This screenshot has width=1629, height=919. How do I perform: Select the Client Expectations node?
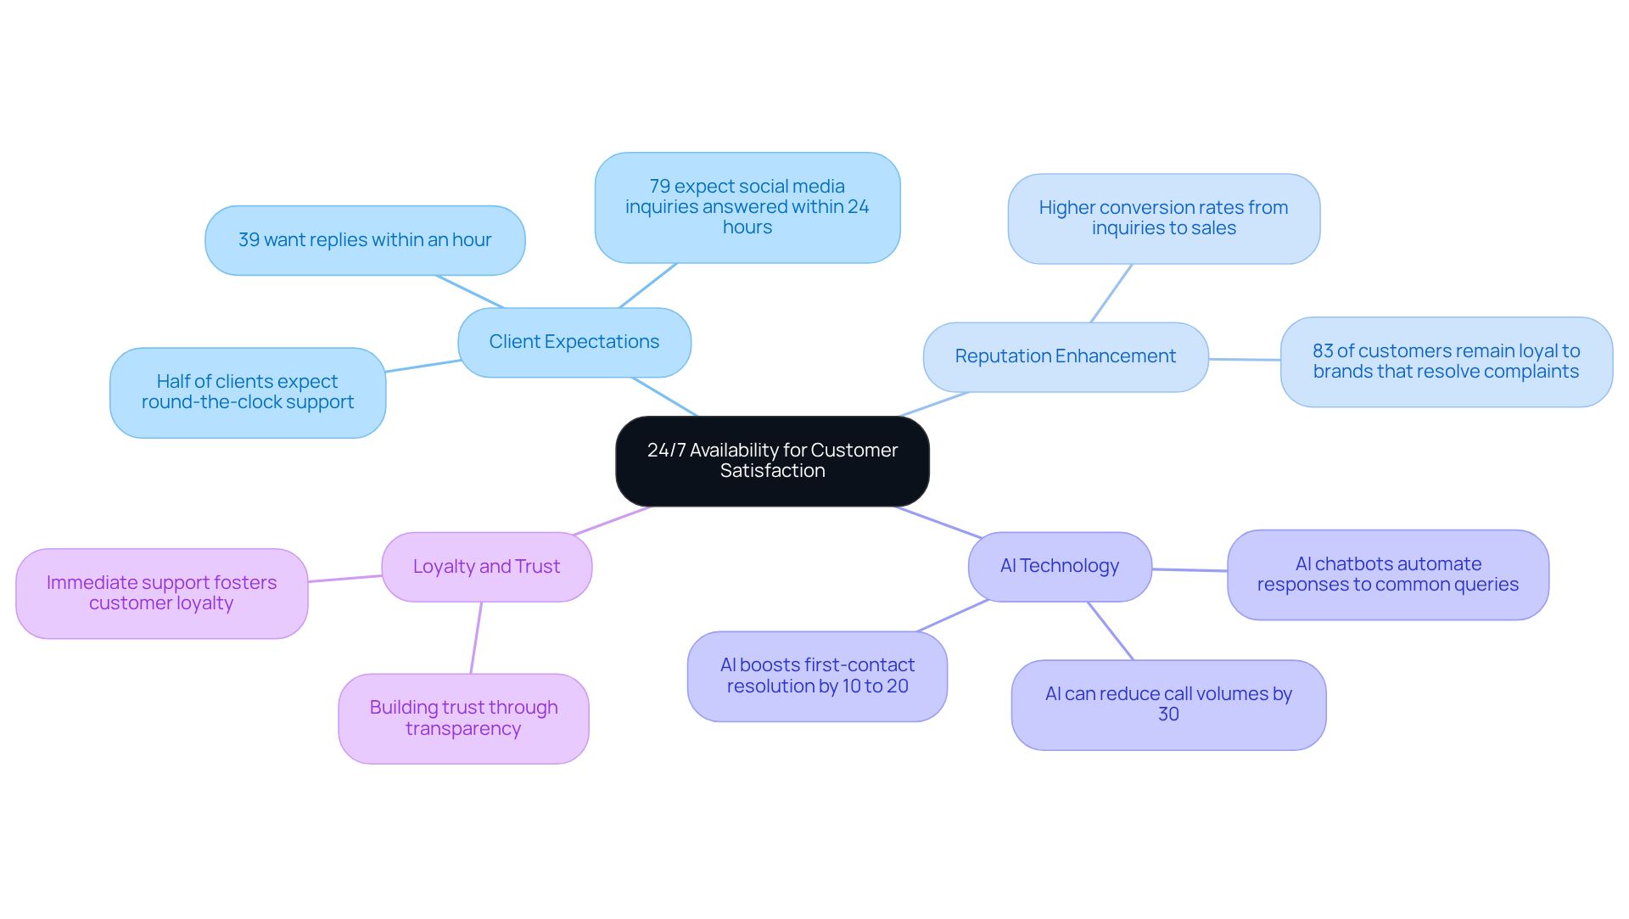click(x=574, y=342)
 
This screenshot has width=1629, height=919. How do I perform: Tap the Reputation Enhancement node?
click(x=1065, y=356)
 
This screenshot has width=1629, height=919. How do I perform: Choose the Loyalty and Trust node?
click(x=486, y=567)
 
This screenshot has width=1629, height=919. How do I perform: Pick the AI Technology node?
click(x=1059, y=566)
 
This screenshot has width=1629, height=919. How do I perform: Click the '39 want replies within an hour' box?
click(x=365, y=240)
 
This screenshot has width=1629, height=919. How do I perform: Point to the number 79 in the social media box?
click(x=659, y=187)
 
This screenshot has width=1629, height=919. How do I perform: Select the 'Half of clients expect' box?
click(x=248, y=392)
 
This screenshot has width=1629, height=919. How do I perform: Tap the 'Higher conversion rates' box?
click(x=1163, y=218)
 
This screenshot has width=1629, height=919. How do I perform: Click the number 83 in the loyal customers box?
click(x=1322, y=351)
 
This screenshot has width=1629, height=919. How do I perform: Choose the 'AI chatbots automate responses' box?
click(x=1387, y=574)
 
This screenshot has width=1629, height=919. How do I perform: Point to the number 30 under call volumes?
click(x=1168, y=714)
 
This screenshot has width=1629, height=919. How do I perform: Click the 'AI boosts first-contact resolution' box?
click(x=817, y=675)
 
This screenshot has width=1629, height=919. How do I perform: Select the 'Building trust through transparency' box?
click(x=463, y=718)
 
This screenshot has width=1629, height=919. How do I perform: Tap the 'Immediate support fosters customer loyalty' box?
click(x=161, y=593)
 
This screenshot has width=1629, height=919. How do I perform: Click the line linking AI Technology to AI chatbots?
click(x=1190, y=570)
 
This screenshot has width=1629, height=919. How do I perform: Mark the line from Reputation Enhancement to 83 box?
click(x=1245, y=360)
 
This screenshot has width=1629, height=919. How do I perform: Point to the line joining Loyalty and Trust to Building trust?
click(x=476, y=638)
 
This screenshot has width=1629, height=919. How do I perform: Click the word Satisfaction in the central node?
click(x=772, y=471)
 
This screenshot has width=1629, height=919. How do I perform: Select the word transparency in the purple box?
click(x=463, y=729)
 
